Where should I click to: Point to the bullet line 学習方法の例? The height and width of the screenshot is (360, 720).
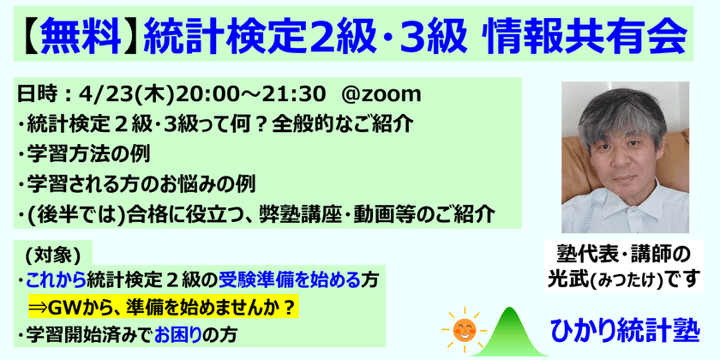tap(82, 154)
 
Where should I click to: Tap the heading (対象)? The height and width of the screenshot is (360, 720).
tap(53, 254)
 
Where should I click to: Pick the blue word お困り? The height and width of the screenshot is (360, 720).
tap(183, 333)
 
